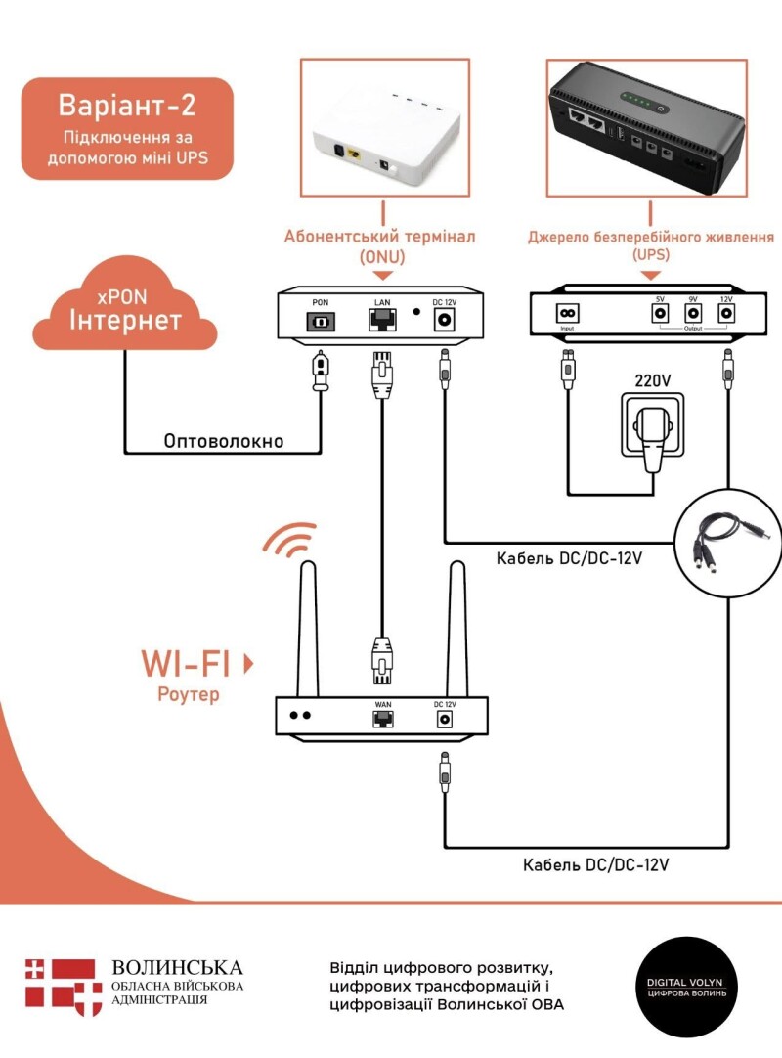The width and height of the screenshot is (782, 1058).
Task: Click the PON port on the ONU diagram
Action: click(321, 320)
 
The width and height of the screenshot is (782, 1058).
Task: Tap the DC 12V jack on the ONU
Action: click(445, 320)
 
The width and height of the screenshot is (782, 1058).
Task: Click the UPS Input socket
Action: click(567, 313)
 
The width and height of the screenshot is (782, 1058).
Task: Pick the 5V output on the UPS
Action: click(660, 313)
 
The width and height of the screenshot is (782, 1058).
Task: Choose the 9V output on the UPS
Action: click(693, 313)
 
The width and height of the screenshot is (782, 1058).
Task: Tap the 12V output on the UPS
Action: click(725, 313)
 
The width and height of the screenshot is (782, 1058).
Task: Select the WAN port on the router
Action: click(382, 719)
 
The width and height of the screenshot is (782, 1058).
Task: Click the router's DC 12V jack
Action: click(445, 719)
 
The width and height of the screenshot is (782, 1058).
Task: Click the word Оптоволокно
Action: click(224, 441)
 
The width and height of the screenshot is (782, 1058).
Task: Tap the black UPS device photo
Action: click(645, 127)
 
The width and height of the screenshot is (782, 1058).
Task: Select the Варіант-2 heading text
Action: click(126, 106)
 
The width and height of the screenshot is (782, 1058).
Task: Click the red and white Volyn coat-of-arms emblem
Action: click(64, 983)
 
